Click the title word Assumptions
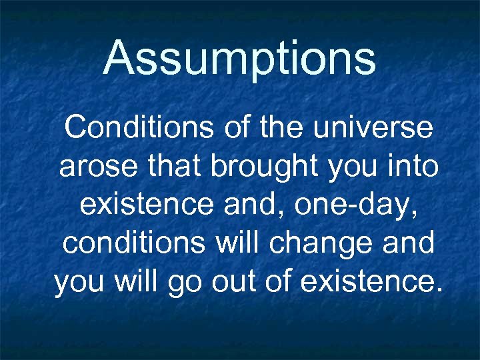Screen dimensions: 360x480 pos(240,58)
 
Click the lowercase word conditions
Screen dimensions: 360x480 pos(133,243)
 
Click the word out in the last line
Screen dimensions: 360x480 pos(227,282)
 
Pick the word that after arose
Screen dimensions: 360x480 pos(171,166)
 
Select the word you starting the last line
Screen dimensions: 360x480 pos(79,283)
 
